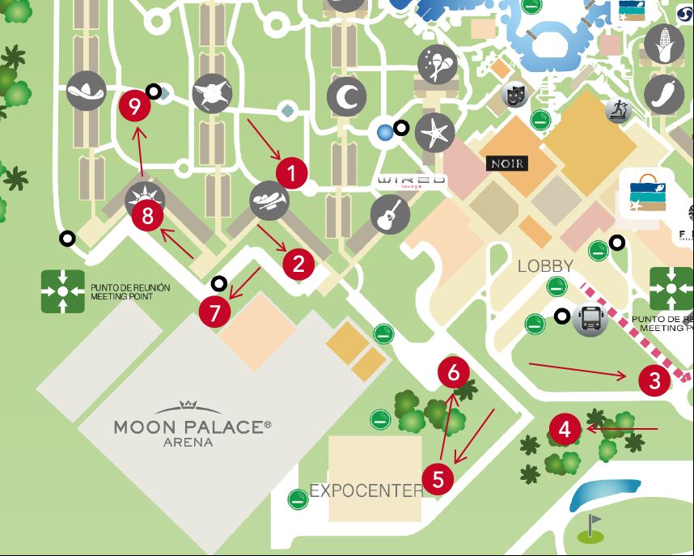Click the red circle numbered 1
(292, 172)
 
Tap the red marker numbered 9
(134, 106)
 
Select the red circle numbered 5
(438, 479)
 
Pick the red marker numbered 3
(654, 380)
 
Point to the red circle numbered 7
(214, 313)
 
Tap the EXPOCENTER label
(366, 490)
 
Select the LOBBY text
(546, 265)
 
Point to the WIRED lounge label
(413, 180)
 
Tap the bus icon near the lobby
(590, 319)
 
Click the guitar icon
(387, 214)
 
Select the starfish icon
(435, 133)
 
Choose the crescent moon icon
(347, 98)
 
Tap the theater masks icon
(514, 95)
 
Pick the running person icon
(617, 110)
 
